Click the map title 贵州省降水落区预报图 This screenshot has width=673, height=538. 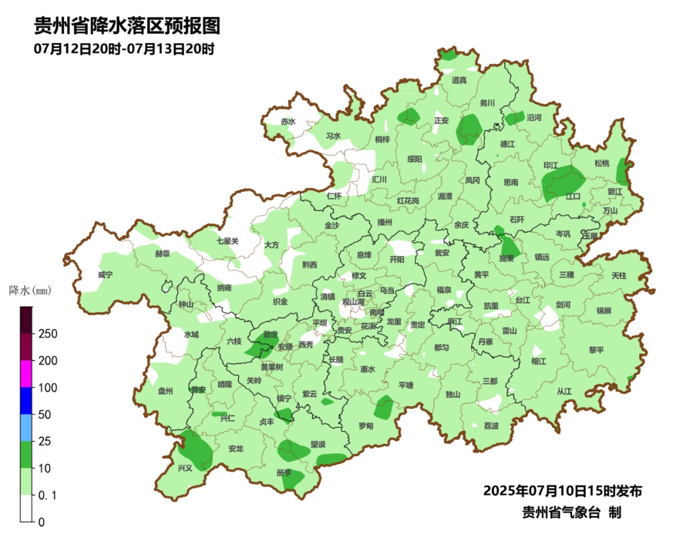tap(127, 26)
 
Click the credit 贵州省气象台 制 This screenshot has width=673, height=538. tap(571, 512)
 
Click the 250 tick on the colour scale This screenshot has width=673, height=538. tap(48, 334)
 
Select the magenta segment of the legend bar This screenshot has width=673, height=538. tap(26, 374)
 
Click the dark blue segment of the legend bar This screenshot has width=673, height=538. tap(26, 400)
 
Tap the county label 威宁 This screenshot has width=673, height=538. tap(106, 275)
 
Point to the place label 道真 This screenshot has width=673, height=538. tap(459, 80)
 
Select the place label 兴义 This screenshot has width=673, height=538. tap(185, 468)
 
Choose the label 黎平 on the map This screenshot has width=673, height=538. tap(596, 350)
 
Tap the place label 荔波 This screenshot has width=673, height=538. tap(491, 426)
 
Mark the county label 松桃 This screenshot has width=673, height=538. tap(601, 164)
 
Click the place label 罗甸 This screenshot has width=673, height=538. tap(366, 426)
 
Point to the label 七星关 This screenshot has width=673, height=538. tap(227, 241)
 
